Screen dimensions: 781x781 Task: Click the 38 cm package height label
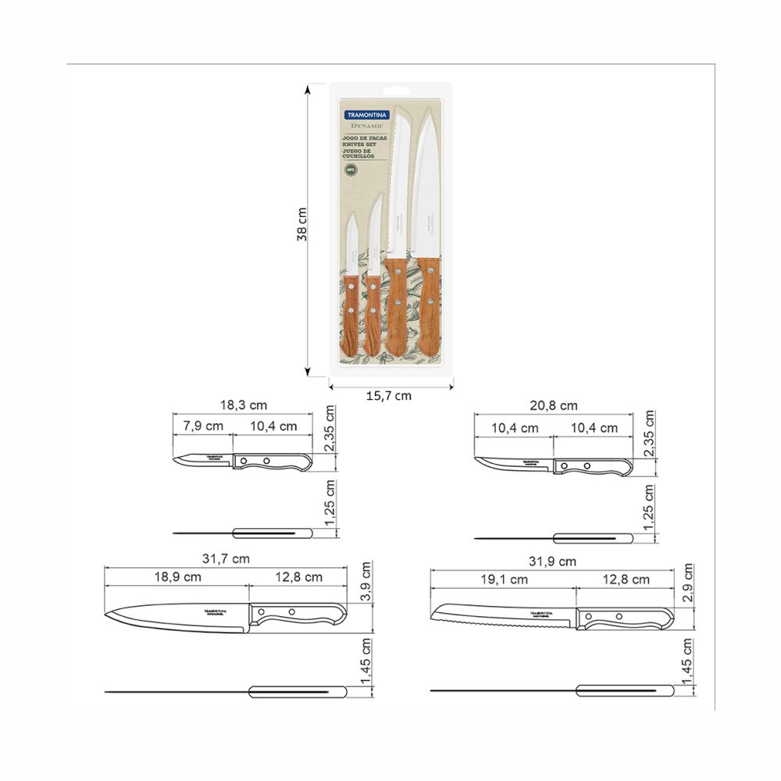click(302, 224)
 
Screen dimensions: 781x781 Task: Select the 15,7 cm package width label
click(388, 396)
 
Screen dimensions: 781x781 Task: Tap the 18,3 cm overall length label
click(243, 405)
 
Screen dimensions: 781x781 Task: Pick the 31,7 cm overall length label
click(226, 558)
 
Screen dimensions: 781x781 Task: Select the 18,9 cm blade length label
click(176, 577)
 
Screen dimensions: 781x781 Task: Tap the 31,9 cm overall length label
click(552, 561)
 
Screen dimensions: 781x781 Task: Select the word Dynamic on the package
click(366, 126)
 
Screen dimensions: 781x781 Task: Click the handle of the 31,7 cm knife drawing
click(297, 615)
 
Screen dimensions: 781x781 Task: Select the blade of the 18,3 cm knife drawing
click(205, 460)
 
